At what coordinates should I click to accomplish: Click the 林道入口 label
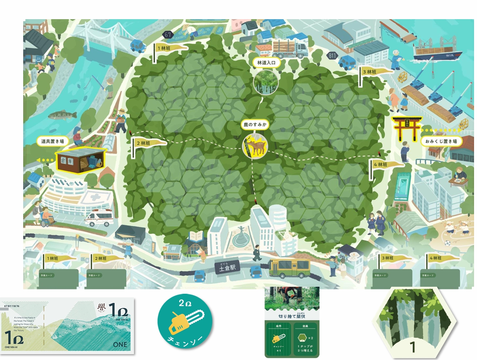tap(266, 63)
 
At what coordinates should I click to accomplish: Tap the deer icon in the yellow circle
tap(255, 146)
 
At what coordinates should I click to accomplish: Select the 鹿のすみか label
tap(255, 124)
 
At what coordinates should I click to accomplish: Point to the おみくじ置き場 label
tap(441, 141)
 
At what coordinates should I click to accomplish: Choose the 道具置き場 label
tap(52, 141)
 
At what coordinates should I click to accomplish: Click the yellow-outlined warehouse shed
tap(80, 161)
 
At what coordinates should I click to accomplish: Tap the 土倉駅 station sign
tap(227, 268)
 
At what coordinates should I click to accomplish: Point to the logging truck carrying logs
tap(289, 49)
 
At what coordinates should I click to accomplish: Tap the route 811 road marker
tap(332, 56)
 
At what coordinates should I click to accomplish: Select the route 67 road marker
tap(168, 35)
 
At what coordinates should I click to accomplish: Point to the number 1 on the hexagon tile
tap(413, 346)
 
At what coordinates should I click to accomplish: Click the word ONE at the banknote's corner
tap(120, 345)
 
